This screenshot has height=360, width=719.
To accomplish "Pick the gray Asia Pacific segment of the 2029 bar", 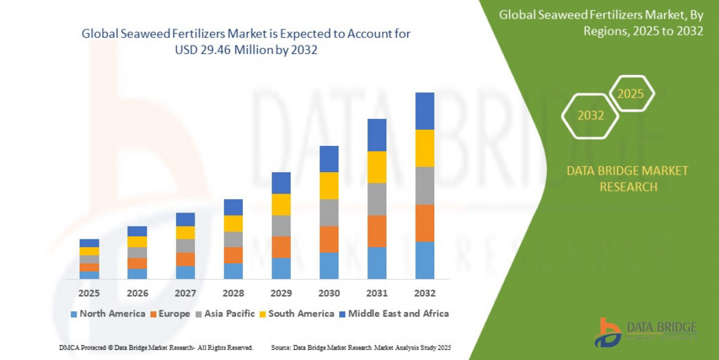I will [281, 226].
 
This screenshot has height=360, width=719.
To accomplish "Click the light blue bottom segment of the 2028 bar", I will [233, 271].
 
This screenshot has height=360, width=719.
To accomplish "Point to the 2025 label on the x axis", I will [89, 293].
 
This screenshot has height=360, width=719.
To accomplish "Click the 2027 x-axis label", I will [185, 293].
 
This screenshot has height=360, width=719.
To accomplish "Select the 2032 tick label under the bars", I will [424, 293].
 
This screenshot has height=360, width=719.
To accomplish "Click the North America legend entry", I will [107, 314].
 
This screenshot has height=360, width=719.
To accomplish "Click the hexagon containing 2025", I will [630, 94].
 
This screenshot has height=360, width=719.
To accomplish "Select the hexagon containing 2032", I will [590, 116].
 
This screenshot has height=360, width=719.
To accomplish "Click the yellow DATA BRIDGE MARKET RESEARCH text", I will [627, 179].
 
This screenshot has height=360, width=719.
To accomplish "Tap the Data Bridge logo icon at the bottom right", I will [607, 332].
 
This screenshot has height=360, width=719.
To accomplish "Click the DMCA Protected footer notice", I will [156, 348].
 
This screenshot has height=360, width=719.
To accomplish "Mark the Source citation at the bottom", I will [361, 348].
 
